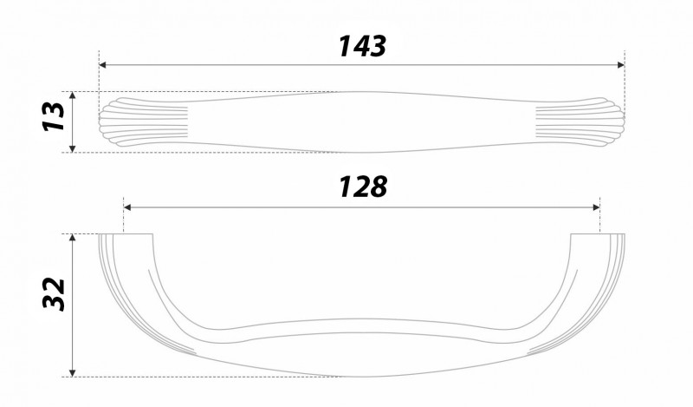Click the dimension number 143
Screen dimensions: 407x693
tap(362, 46)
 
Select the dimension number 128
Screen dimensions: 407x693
tap(362, 187)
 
